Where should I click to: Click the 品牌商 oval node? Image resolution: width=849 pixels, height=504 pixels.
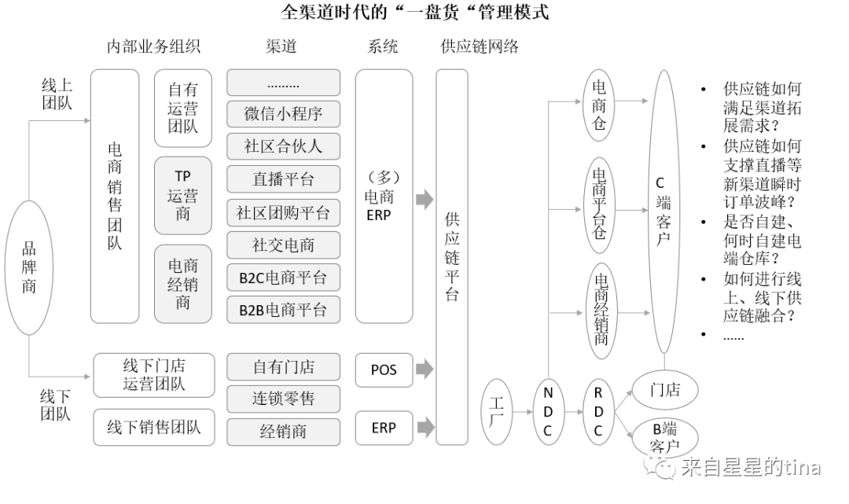click(29, 267)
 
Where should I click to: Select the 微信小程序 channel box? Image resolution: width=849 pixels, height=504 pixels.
click(283, 114)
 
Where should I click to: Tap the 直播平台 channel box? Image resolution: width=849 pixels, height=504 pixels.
click(283, 179)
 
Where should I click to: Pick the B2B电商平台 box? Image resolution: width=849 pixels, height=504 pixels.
click(283, 310)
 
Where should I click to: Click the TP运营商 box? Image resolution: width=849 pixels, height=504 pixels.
click(182, 195)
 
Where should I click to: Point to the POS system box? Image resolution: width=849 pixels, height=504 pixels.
click(384, 370)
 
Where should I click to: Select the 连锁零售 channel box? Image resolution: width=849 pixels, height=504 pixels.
click(283, 399)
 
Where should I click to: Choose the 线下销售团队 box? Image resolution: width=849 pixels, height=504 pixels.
click(154, 427)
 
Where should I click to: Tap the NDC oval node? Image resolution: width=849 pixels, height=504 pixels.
click(548, 411)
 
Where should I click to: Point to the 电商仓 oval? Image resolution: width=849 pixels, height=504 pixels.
click(599, 105)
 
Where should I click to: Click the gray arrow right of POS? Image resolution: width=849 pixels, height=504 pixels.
click(424, 368)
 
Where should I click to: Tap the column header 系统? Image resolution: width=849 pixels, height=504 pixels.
click(383, 47)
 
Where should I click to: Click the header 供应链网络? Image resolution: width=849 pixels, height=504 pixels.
click(480, 47)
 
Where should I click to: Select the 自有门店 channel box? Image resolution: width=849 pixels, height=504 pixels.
click(283, 366)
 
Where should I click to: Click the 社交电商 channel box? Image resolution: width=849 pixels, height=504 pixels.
click(283, 245)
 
